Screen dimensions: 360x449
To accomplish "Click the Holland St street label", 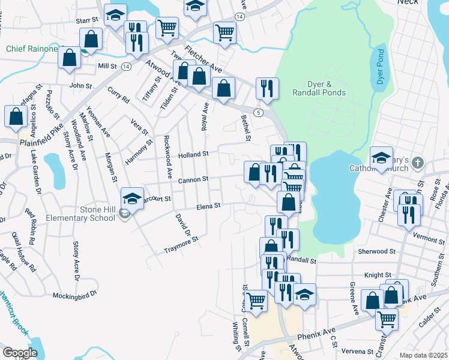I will [x=193, y=154].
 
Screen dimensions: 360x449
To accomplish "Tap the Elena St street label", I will [x=209, y=206].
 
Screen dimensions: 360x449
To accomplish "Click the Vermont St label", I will [x=429, y=238].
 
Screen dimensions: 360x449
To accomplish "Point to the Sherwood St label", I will [x=376, y=251].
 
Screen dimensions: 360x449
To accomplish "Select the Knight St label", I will [x=378, y=275].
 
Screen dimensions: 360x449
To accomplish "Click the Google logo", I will [x=20, y=353].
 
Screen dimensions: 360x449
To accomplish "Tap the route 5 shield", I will [x=258, y=112].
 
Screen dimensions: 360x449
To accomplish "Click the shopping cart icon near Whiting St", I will [x=256, y=301].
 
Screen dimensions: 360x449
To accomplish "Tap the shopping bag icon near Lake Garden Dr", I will [x=15, y=116].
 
